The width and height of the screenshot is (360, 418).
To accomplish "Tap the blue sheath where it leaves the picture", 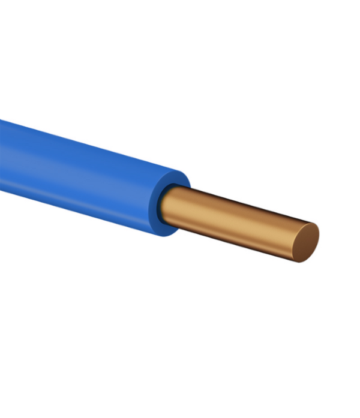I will pyautogui.click(x=3, y=156).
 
